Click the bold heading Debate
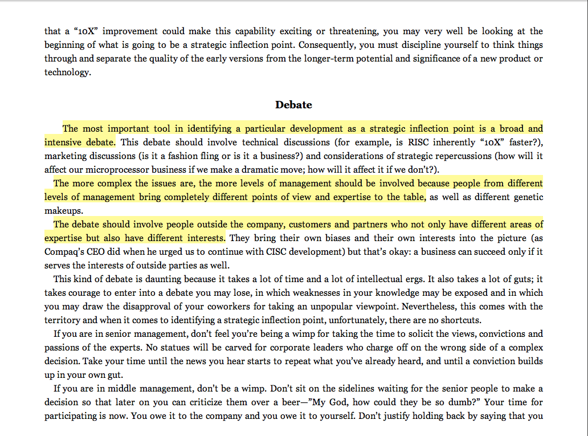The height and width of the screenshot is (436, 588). [x=293, y=105]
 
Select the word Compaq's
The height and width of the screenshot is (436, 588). [x=64, y=252]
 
